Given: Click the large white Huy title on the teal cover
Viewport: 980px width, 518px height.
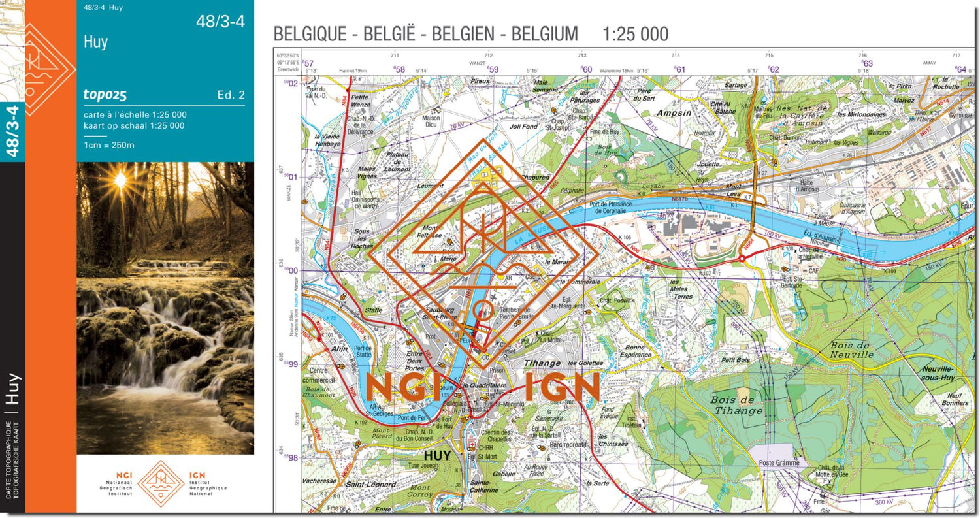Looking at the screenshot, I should (96, 42).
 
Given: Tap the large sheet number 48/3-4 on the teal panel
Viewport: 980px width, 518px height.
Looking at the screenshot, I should (220, 22).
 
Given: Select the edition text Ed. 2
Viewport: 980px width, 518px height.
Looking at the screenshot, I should (231, 95).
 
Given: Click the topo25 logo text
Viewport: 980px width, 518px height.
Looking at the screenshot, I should (105, 95).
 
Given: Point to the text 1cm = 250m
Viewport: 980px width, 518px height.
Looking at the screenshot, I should (108, 145).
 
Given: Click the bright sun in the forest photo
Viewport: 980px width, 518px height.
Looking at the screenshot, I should (120, 178).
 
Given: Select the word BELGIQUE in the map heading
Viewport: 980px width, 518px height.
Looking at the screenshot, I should (309, 34).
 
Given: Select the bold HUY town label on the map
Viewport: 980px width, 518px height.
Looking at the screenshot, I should (437, 456).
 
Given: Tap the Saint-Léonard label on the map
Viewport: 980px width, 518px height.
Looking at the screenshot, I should (370, 484).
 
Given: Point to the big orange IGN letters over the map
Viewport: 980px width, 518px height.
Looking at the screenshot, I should (563, 387).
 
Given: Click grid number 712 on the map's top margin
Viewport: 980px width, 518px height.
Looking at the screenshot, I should (488, 56).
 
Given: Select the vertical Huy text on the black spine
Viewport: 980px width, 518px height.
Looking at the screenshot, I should (13, 390).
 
